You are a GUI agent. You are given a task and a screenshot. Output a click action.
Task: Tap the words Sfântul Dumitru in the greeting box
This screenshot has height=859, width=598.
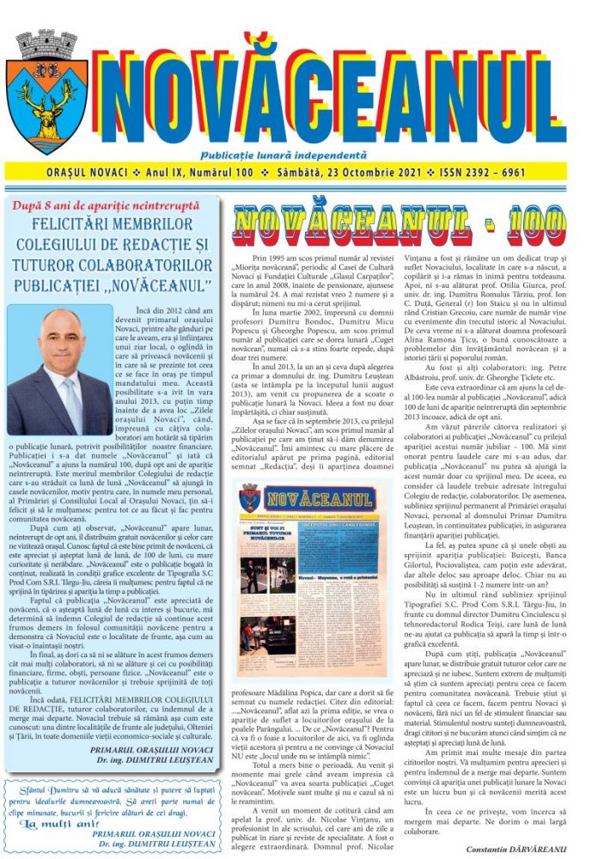(x=53, y=789)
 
